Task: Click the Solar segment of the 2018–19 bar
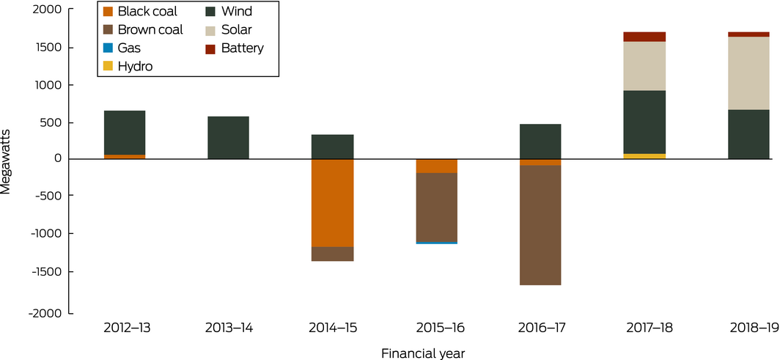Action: (748, 73)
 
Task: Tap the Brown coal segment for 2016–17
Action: (540, 225)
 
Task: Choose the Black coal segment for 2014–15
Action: (333, 203)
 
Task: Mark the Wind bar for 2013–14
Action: (229, 138)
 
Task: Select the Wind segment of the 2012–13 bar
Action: (125, 133)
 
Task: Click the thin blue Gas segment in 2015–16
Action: (437, 243)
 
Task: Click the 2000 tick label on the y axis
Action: (51, 11)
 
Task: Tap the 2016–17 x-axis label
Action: (540, 328)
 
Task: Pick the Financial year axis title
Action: (423, 353)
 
